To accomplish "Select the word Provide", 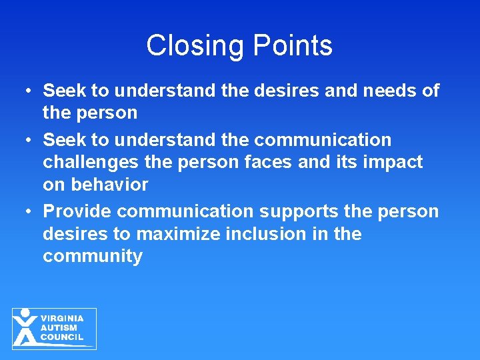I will click(77, 211).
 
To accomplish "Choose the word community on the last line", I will click(93, 257).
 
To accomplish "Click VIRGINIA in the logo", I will click(62, 319).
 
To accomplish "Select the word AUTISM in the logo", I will click(59, 328).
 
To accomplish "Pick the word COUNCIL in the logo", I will click(62, 337).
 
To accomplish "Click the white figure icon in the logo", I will click(25, 327).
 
